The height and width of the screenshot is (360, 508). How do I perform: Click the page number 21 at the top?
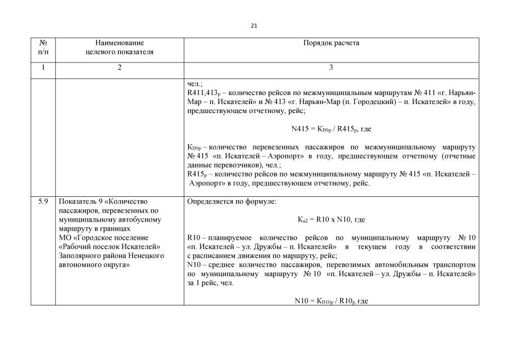tap(254, 25)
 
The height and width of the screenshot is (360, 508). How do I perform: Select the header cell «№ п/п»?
tap(43, 47)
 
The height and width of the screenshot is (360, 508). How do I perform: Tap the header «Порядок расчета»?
tap(331, 43)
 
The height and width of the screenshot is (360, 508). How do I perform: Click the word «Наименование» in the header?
tap(119, 43)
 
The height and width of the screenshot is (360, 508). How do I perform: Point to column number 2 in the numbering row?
tap(119, 67)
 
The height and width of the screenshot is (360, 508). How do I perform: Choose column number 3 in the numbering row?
tap(331, 67)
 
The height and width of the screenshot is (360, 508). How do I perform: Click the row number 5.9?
tap(43, 201)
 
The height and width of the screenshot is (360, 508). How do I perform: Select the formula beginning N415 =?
tap(331, 129)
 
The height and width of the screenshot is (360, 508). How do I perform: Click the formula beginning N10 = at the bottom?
tap(331, 301)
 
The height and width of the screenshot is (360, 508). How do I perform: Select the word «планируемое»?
tap(232, 237)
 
